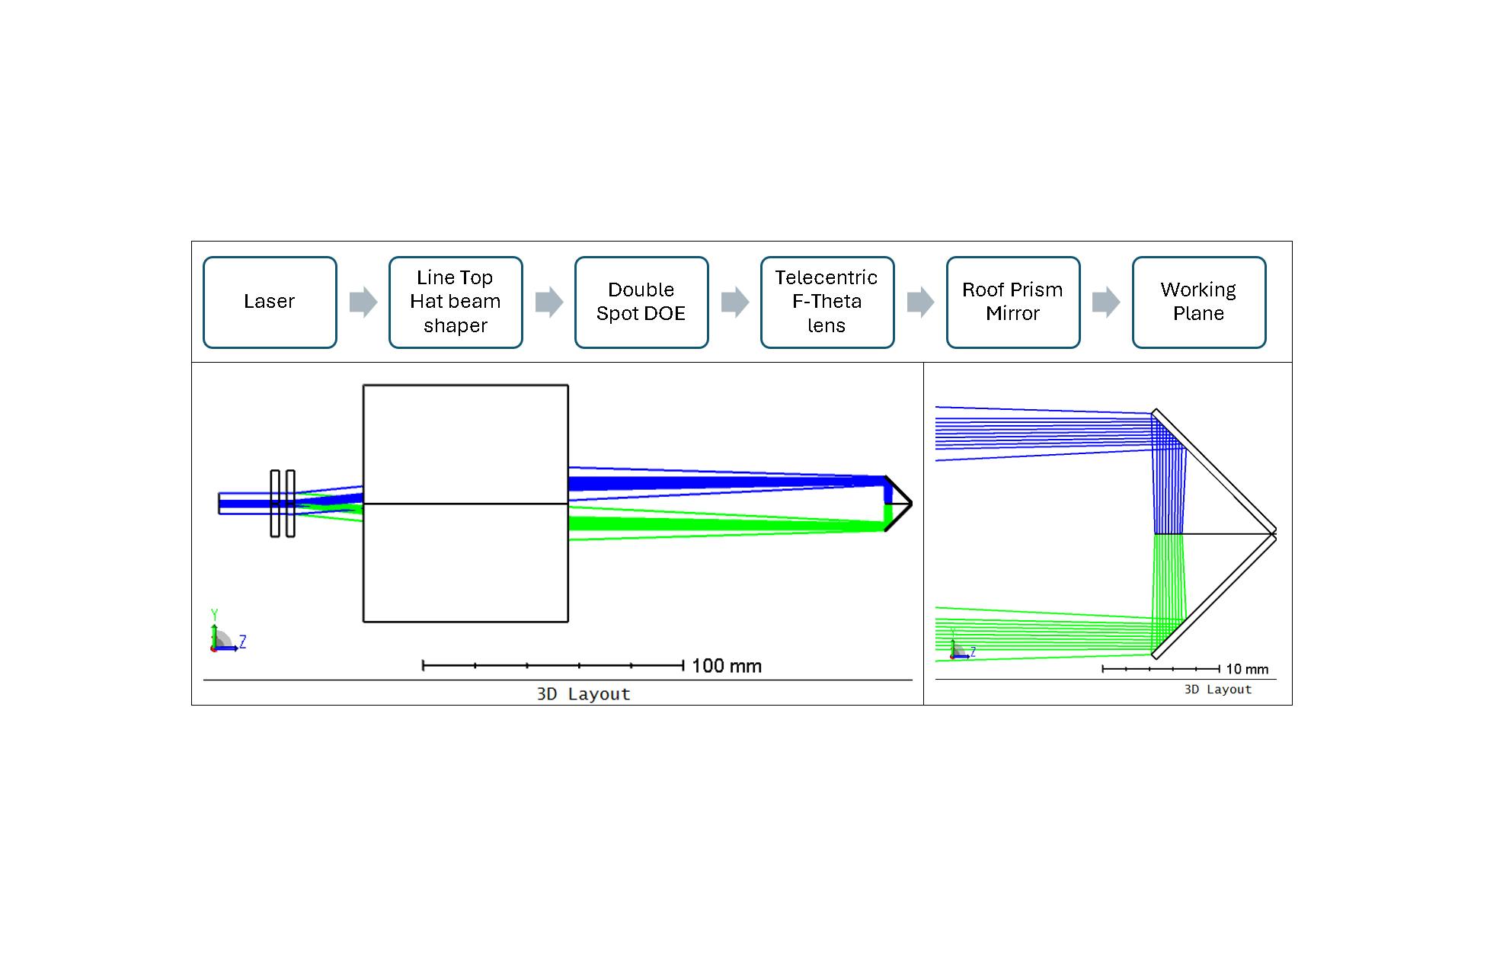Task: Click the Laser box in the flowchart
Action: (270, 302)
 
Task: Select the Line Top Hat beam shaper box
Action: (456, 302)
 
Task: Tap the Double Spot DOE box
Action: (641, 302)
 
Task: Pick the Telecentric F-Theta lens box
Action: (827, 302)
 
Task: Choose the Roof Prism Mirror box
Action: (1012, 302)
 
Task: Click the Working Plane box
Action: (1198, 302)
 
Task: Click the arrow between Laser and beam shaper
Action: (363, 302)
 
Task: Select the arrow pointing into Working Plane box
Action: (1106, 302)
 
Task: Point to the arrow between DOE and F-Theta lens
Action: (735, 302)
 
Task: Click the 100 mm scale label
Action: (726, 666)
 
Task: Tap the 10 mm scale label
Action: (1247, 669)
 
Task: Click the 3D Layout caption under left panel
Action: (584, 694)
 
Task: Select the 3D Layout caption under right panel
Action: (1217, 690)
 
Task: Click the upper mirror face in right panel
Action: (1214, 470)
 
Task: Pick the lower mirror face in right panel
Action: (1214, 597)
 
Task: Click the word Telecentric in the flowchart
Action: (826, 277)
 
